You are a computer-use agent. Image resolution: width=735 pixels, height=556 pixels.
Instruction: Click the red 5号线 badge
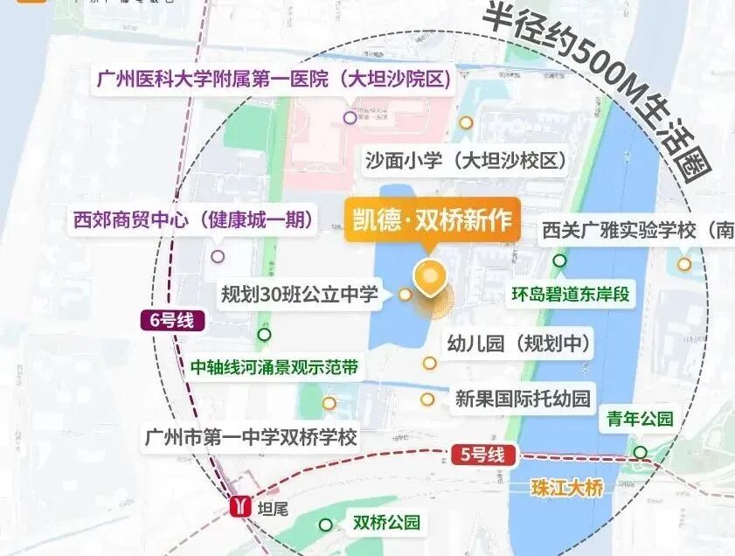[x=483, y=454]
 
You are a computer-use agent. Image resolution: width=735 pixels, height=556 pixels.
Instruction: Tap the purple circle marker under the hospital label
[x=350, y=117]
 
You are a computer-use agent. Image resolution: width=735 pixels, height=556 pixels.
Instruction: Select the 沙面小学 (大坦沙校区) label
[x=465, y=161]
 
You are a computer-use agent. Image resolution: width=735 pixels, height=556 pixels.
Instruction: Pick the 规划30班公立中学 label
[x=300, y=294]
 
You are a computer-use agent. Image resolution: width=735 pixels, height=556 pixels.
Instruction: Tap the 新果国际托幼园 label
[x=523, y=399]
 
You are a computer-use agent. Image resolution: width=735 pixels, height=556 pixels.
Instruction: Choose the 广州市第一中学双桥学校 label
[x=252, y=437]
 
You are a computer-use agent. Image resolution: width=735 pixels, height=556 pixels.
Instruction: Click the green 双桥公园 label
[x=386, y=523]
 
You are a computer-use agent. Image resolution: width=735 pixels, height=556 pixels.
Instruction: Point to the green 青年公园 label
[x=641, y=420]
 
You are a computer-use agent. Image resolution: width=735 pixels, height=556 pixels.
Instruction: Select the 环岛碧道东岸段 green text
[x=570, y=294]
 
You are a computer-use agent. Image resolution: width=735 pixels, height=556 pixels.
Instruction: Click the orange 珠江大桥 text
[x=567, y=489]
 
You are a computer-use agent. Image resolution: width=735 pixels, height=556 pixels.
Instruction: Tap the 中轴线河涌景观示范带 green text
[x=274, y=367]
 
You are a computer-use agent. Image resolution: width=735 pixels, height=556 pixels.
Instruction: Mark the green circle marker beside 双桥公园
[x=326, y=525]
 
